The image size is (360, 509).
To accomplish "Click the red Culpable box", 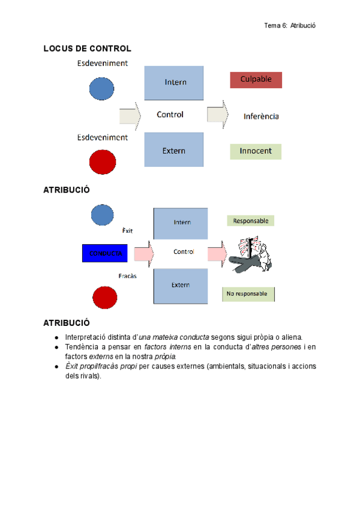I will point(256,80).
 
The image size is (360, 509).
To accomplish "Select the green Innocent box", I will point(256,151).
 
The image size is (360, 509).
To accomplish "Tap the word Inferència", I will point(261,116).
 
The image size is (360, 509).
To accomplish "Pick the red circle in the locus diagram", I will point(103,161).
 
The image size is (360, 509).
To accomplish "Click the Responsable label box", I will point(251,221).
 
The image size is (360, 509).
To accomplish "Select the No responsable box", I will point(248,294).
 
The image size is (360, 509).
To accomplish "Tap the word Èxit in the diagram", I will point(127,230).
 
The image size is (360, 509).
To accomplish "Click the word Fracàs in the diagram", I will point(128,276).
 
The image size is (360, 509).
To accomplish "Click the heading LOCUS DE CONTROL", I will point(87,49).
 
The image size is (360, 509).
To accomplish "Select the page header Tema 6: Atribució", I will point(290,25).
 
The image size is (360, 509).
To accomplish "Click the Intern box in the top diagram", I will point(175,82).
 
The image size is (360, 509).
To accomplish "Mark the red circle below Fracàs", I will point(104,299).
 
